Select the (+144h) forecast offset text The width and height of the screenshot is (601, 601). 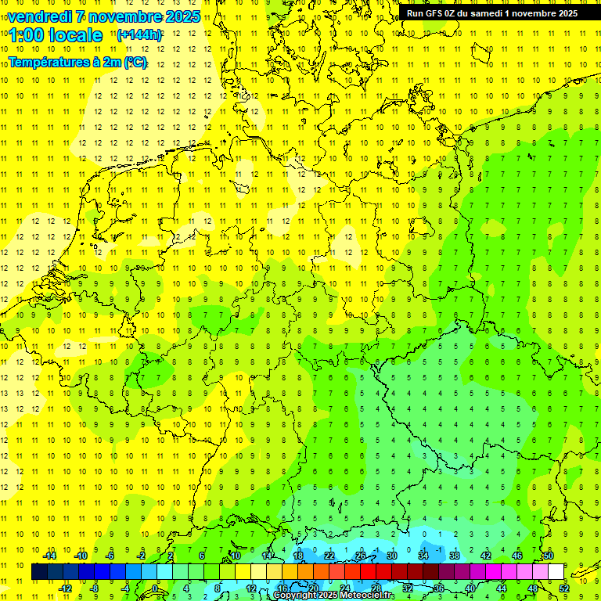point(139,34)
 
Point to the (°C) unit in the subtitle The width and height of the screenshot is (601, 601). point(135,63)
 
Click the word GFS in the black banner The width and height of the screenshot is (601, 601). point(437,13)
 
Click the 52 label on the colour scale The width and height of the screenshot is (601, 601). point(563,588)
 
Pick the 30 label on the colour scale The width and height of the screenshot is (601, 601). point(391,556)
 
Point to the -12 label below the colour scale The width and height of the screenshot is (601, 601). point(66,588)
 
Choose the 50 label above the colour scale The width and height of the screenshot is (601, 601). point(549,556)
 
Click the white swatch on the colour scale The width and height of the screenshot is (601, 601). point(556,572)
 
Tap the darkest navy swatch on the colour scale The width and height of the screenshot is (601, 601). point(39,572)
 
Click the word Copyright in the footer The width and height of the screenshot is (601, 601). point(297,596)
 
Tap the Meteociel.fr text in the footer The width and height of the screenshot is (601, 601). point(366,596)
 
